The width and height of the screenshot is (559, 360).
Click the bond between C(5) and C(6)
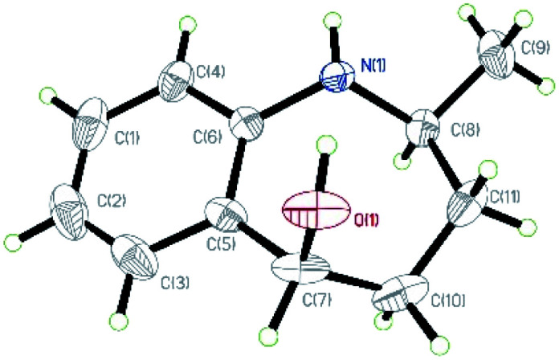(238, 170)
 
